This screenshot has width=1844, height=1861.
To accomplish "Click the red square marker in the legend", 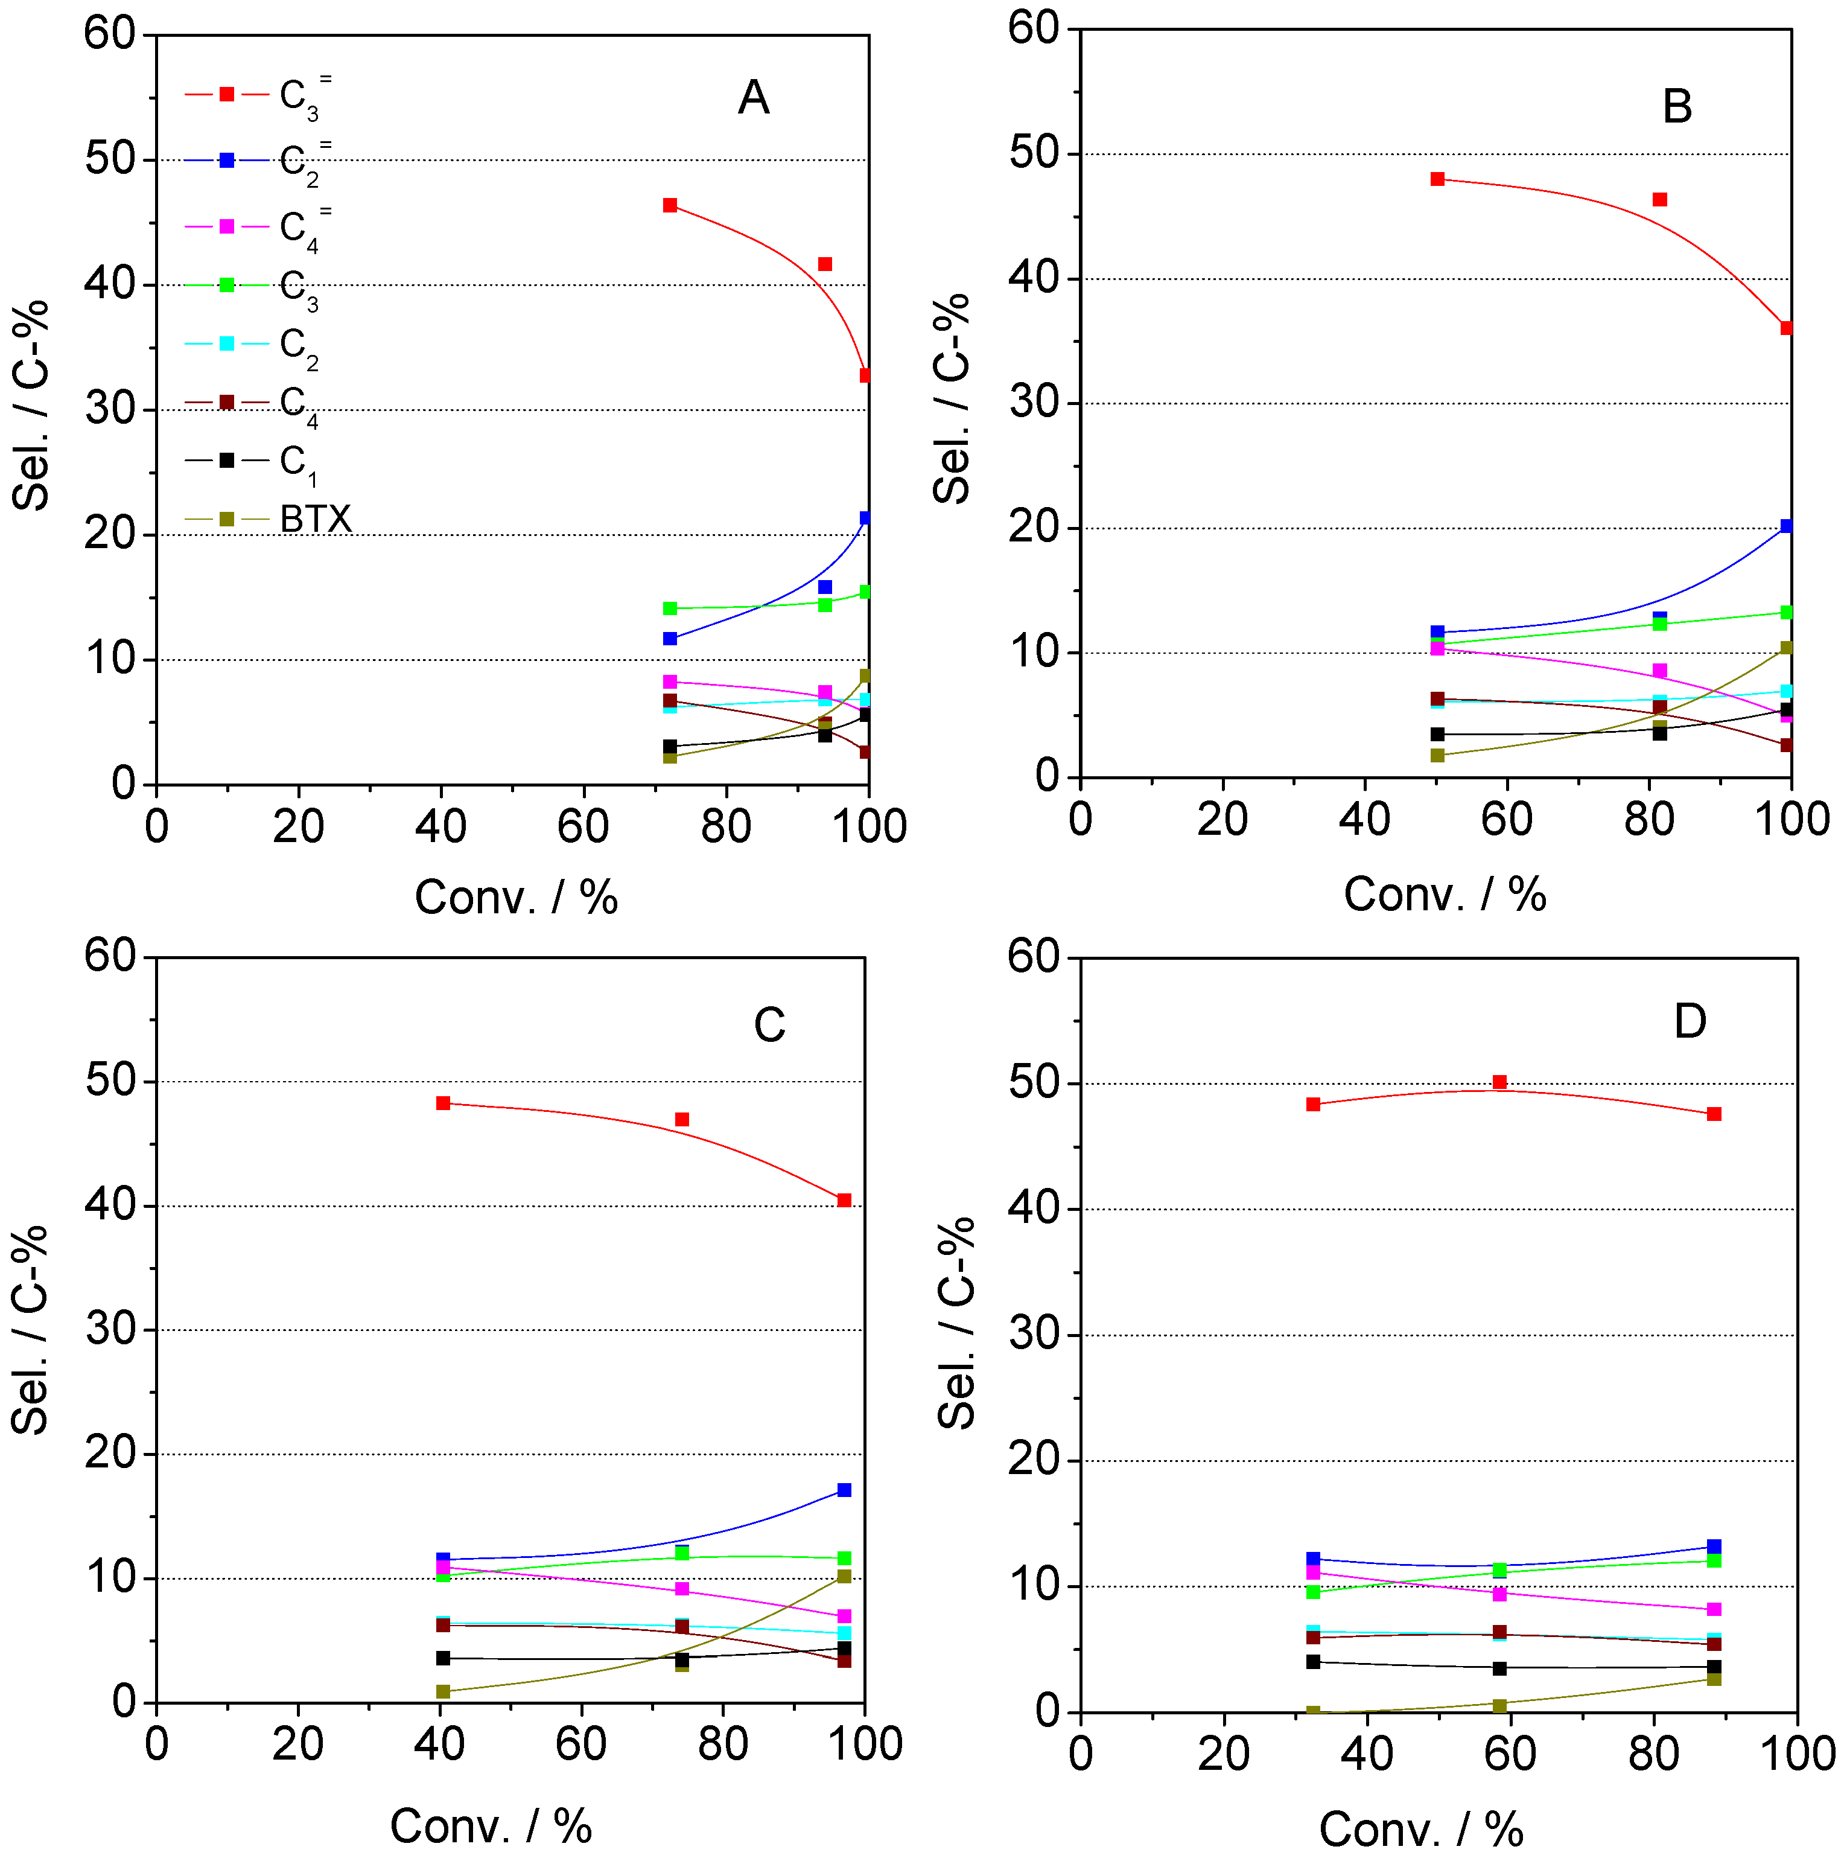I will coord(227,94).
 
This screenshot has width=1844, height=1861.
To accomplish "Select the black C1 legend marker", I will coord(227,461).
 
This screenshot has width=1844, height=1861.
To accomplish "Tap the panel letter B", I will coord(1676,107).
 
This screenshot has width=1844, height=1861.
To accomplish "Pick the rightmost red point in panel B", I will coord(1786,328).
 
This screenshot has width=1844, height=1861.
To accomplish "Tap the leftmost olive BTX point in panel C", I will coord(443,1691).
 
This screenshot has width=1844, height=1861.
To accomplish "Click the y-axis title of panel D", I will coord(956,1324).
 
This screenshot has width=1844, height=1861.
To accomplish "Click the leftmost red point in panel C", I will coord(443,1103).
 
